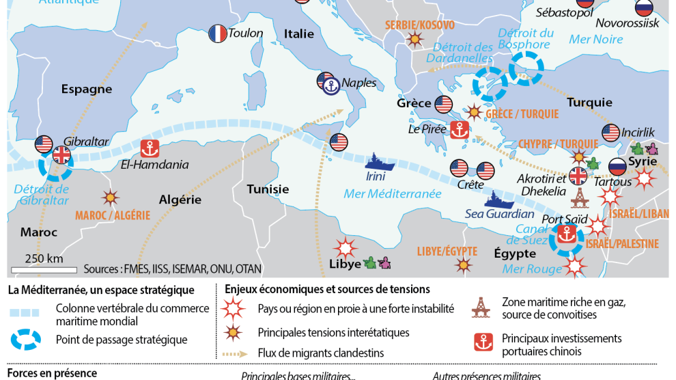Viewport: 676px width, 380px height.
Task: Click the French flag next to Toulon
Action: [217, 33]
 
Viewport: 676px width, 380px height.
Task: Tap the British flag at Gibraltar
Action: [61, 155]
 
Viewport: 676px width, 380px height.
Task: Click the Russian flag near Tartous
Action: [617, 166]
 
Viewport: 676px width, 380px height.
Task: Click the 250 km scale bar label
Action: [44, 258]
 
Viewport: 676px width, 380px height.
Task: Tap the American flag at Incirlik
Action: [611, 133]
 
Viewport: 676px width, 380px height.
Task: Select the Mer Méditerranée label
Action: [393, 194]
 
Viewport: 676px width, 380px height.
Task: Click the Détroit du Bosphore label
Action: [525, 38]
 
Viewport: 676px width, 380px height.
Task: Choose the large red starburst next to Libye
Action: [346, 247]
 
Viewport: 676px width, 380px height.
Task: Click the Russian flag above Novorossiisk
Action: [643, 8]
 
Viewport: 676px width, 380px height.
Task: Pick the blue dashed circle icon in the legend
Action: [30, 340]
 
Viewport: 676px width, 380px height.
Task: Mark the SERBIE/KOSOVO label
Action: [419, 25]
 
